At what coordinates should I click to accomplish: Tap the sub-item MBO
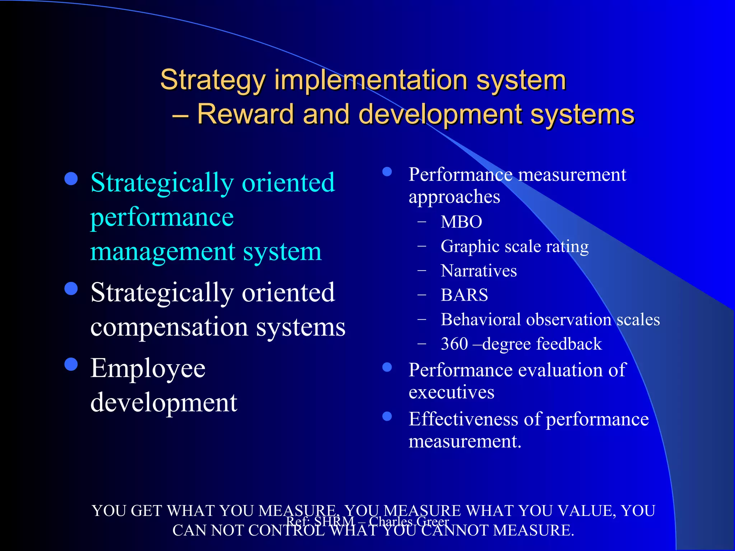[461, 222]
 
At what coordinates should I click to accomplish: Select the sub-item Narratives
[479, 271]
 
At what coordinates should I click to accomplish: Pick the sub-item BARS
[464, 295]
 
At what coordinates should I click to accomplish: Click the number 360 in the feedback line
[454, 344]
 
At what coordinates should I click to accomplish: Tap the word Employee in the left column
[148, 369]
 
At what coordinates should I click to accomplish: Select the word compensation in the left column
[169, 327]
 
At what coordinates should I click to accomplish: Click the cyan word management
[163, 251]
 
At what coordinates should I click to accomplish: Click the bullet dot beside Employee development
[71, 364]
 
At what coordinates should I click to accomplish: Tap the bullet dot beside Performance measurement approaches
[387, 172]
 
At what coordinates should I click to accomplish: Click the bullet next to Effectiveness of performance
[387, 416]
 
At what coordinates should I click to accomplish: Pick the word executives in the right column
[451, 392]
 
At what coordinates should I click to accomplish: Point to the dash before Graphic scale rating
[422, 246]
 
